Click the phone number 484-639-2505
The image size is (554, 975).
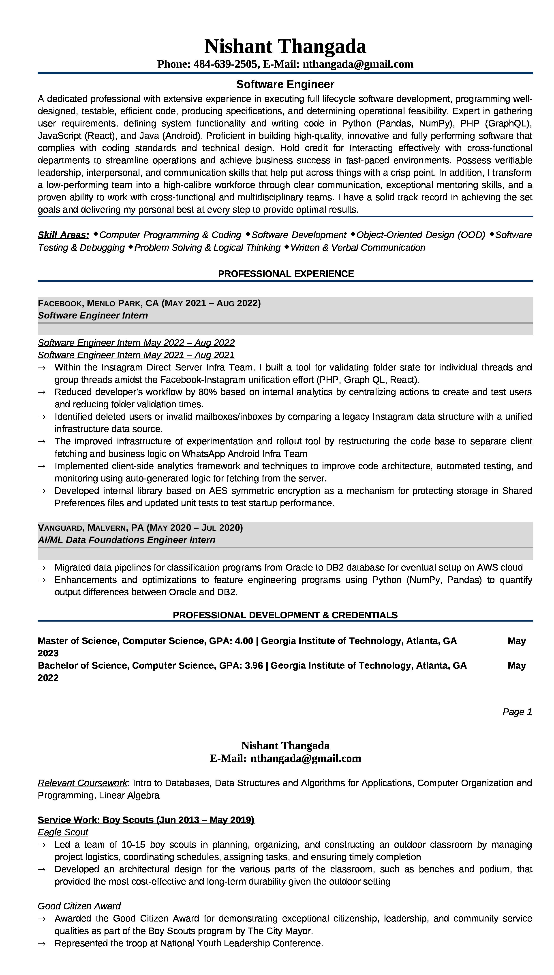click(x=225, y=64)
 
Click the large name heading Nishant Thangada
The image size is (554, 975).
click(x=285, y=46)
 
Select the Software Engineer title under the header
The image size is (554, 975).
click(x=285, y=84)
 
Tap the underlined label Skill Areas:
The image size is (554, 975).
click(x=63, y=235)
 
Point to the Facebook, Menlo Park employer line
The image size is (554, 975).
click(x=149, y=303)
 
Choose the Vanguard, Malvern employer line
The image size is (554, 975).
click(x=140, y=528)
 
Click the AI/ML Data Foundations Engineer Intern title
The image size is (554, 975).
click(x=126, y=540)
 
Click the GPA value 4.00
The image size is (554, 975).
click(x=244, y=641)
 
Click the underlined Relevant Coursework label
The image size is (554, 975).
click(x=82, y=783)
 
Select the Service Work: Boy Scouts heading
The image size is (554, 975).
click(x=146, y=820)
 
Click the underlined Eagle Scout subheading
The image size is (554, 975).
click(x=63, y=832)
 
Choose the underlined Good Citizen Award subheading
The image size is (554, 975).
click(x=79, y=906)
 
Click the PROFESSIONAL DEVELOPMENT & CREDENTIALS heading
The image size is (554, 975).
click(x=285, y=615)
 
